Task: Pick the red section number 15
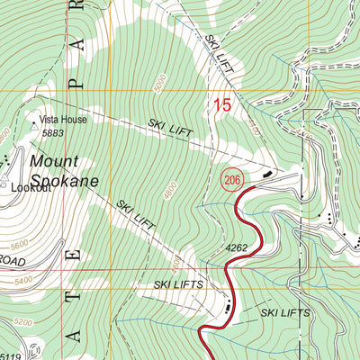(x=221, y=106)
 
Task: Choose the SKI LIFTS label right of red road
(x=285, y=313)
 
